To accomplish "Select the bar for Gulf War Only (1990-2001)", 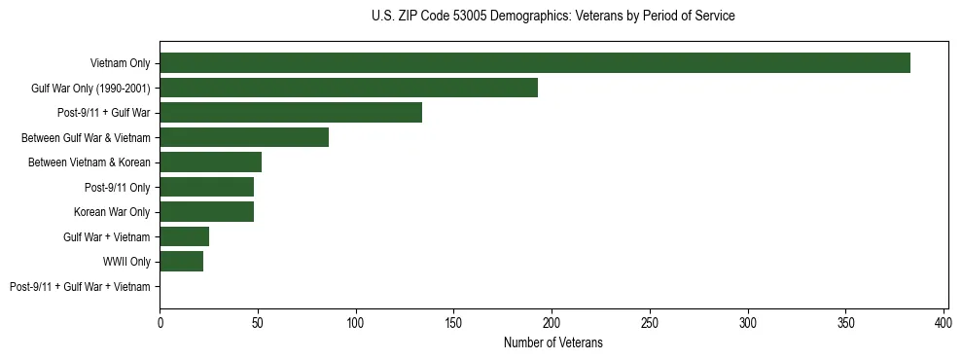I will [348, 88].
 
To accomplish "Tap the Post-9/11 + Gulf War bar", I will [291, 113].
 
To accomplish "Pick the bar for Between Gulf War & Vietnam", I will [244, 137].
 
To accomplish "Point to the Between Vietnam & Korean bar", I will [210, 162].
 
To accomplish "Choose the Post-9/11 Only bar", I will [206, 187].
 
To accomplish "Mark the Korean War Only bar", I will [206, 212].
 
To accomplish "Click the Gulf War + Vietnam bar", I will [184, 236].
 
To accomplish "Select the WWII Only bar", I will [181, 262].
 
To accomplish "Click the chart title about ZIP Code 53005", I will [552, 17].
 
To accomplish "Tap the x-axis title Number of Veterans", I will [552, 342].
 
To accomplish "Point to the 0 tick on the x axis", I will [160, 321].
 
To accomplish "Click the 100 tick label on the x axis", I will [356, 321].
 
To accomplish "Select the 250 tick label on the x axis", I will [650, 321].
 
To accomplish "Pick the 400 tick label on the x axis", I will [944, 321].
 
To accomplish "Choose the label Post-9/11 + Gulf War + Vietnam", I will [80, 286].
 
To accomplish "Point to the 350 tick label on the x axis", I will [846, 321].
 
